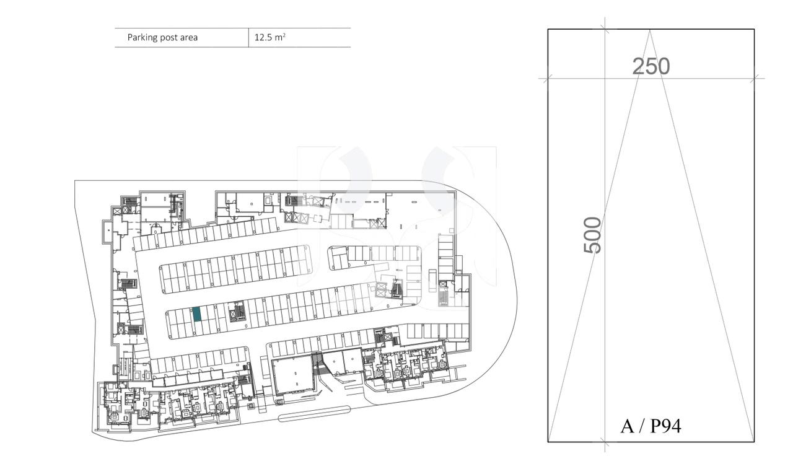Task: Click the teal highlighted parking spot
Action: coord(197,314)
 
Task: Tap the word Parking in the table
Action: coord(141,37)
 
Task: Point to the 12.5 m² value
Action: coord(269,37)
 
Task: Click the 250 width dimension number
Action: coord(651,66)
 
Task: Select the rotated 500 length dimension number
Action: coord(593,235)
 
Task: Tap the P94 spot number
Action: coord(665,426)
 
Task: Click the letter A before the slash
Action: coord(626,426)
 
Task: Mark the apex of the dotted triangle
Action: coord(649,30)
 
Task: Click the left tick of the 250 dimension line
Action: coord(548,78)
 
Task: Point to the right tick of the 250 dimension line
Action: coord(754,78)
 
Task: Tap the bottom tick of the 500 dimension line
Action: coord(605,442)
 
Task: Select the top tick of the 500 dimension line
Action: coord(605,29)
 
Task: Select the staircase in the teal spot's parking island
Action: coord(236,312)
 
